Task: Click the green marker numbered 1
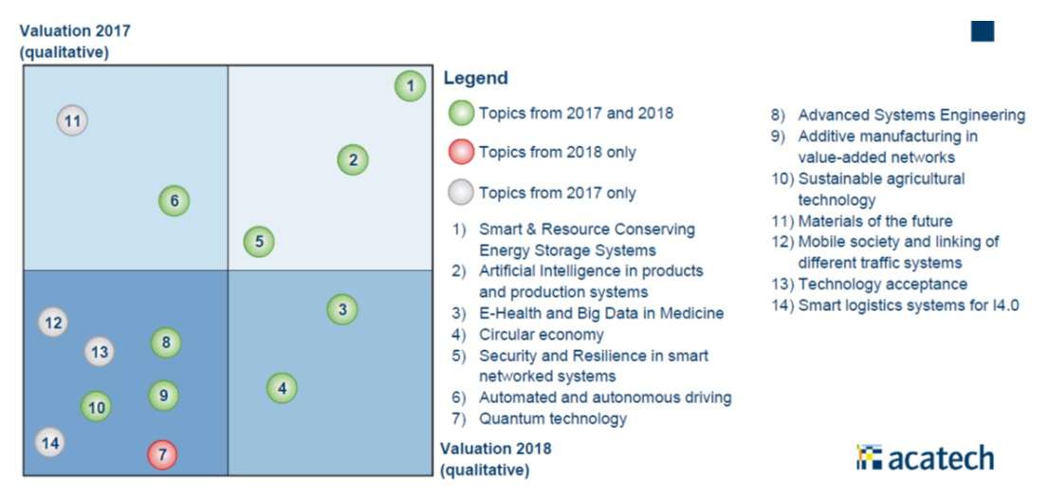tap(410, 86)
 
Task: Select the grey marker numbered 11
tap(72, 120)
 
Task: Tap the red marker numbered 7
tap(162, 454)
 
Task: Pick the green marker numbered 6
tap(174, 201)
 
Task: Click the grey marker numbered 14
tap(50, 442)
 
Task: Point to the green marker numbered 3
tap(342, 309)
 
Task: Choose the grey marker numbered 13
tap(99, 352)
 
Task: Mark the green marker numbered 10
tap(96, 408)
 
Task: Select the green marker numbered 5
tap(258, 242)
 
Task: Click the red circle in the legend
tap(461, 152)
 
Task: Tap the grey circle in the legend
tap(461, 193)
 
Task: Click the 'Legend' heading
tap(475, 78)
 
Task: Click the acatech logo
tap(925, 457)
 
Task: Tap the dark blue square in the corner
tap(982, 30)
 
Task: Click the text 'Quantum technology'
tap(552, 418)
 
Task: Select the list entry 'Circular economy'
tap(541, 334)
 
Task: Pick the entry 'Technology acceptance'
tap(882, 284)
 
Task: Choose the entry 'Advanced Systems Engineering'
tap(910, 115)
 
